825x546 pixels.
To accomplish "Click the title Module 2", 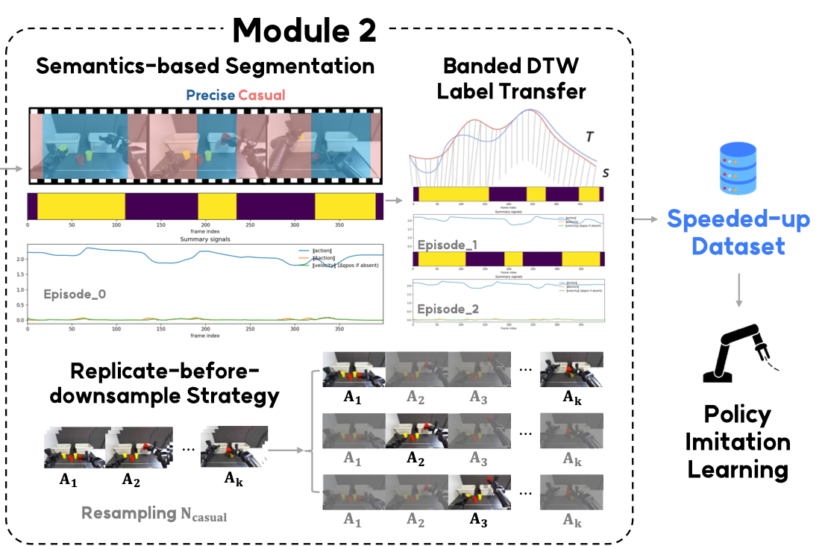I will click(304, 29).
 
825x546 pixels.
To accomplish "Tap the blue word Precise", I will click(210, 95).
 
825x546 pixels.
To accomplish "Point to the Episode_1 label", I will click(447, 245).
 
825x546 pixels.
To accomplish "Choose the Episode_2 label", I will click(447, 308).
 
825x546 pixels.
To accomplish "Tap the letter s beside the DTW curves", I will click(605, 172).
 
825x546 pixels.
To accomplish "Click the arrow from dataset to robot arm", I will click(738, 289).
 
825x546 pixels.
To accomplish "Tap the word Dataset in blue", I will click(738, 245).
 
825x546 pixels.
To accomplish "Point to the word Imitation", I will click(738, 442).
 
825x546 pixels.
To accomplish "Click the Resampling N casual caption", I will click(154, 514).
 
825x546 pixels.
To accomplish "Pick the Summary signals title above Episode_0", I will click(204, 239).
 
